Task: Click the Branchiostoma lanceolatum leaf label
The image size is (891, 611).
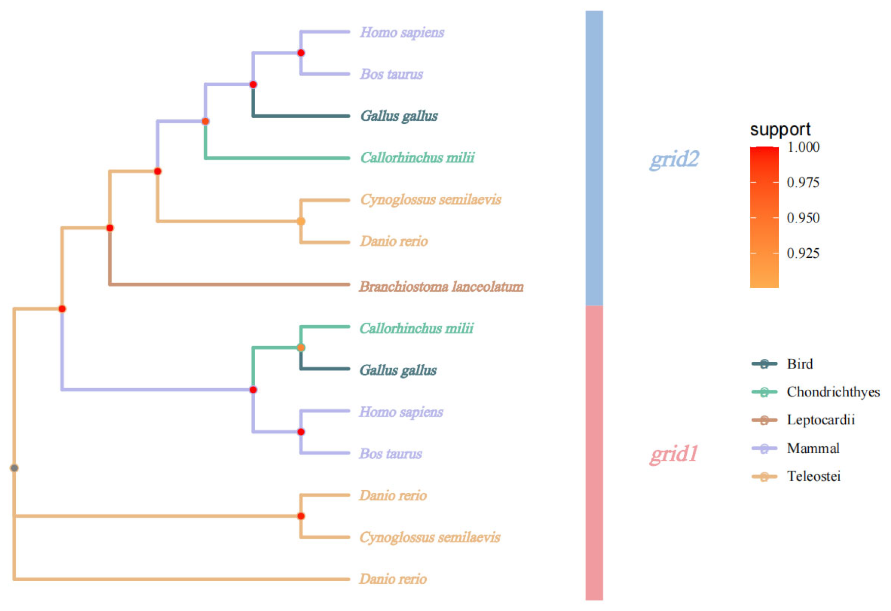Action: click(441, 287)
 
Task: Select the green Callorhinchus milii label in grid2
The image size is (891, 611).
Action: click(417, 158)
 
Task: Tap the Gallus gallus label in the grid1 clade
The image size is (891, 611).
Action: click(398, 370)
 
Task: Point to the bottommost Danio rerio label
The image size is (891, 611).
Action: click(393, 579)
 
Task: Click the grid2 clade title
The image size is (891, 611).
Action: click(674, 159)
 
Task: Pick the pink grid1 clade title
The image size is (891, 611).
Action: click(674, 454)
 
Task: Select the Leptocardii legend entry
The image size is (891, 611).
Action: click(820, 420)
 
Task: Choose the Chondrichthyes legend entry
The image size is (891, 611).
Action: click(833, 392)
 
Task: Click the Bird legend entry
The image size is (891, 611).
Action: click(800, 364)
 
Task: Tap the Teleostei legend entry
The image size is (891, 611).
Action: click(813, 477)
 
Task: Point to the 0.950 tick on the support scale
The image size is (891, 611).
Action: click(803, 218)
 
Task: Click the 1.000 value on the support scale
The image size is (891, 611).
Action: click(803, 147)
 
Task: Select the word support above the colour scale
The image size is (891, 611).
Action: click(780, 130)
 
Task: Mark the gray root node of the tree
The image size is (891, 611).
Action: click(14, 468)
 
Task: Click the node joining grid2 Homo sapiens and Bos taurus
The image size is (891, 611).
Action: click(301, 53)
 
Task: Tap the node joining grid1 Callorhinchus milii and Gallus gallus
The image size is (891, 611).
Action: click(301, 348)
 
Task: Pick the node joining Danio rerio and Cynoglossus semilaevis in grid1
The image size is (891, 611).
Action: click(301, 516)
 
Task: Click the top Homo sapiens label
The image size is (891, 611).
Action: click(402, 32)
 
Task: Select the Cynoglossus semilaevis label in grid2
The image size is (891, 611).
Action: click(430, 199)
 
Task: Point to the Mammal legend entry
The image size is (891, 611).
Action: click(813, 449)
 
